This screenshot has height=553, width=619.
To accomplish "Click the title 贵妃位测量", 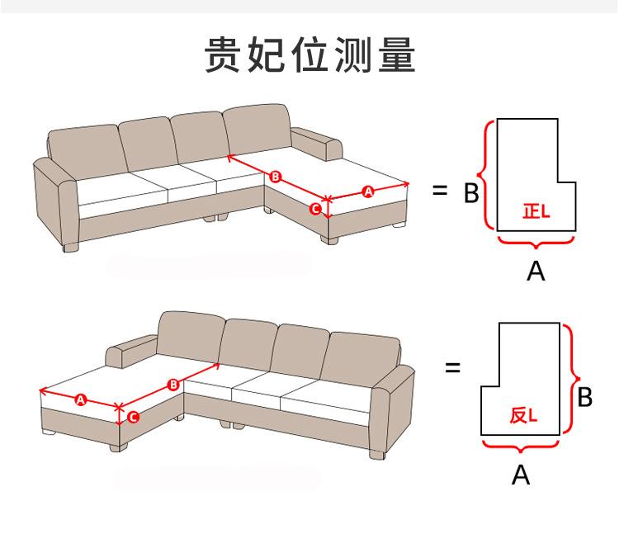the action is coord(309,54).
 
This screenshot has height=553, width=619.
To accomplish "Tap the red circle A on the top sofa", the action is coord(368,191).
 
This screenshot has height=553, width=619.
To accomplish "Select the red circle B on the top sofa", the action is coord(275,177).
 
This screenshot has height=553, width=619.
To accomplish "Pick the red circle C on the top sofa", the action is coord(315,209).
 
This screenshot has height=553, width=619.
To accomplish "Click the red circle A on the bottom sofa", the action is coord(81,400).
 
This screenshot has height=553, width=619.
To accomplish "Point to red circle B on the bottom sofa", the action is coord(173,385).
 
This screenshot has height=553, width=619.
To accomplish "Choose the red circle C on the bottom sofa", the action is coord(133,417).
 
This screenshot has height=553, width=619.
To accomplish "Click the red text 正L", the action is coord(536,211).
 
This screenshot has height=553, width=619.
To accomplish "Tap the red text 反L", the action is coord(523,415).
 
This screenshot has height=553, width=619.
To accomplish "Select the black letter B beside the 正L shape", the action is coord(471,192).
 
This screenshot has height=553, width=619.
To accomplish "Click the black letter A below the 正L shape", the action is coord(536,272).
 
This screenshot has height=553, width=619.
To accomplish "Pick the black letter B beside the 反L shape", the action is coord(584,397).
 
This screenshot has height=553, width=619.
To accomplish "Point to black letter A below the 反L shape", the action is coord(520,475).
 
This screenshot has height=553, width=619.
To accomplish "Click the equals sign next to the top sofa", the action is coord(440,191).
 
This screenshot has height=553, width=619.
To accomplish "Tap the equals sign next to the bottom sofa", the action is coord(453,368).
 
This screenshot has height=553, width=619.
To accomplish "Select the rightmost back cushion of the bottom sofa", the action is coord(360,358).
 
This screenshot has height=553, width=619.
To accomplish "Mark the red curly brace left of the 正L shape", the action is coord(485,175).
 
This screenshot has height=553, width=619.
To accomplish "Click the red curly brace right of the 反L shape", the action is coord(572,379).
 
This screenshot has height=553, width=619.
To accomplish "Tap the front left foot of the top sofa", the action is coord(71,248).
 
